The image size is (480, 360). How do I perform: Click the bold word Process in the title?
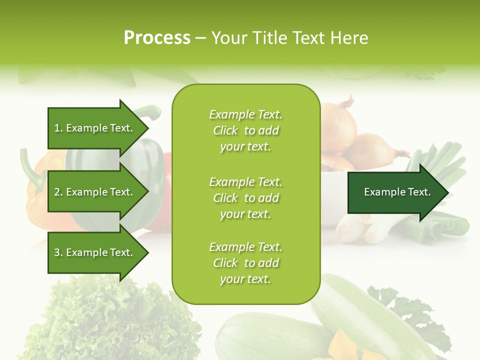(x=157, y=37)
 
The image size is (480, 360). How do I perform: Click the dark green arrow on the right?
(x=395, y=192)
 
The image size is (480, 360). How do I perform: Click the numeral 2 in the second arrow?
(x=57, y=192)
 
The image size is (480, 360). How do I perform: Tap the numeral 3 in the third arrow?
(x=57, y=252)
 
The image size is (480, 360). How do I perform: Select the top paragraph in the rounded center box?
(x=245, y=130)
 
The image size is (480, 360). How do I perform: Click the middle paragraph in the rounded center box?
(x=245, y=197)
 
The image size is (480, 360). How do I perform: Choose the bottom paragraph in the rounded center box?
(x=245, y=263)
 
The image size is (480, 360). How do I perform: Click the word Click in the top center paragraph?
(x=225, y=130)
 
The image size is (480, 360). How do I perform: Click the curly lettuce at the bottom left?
(x=110, y=320)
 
